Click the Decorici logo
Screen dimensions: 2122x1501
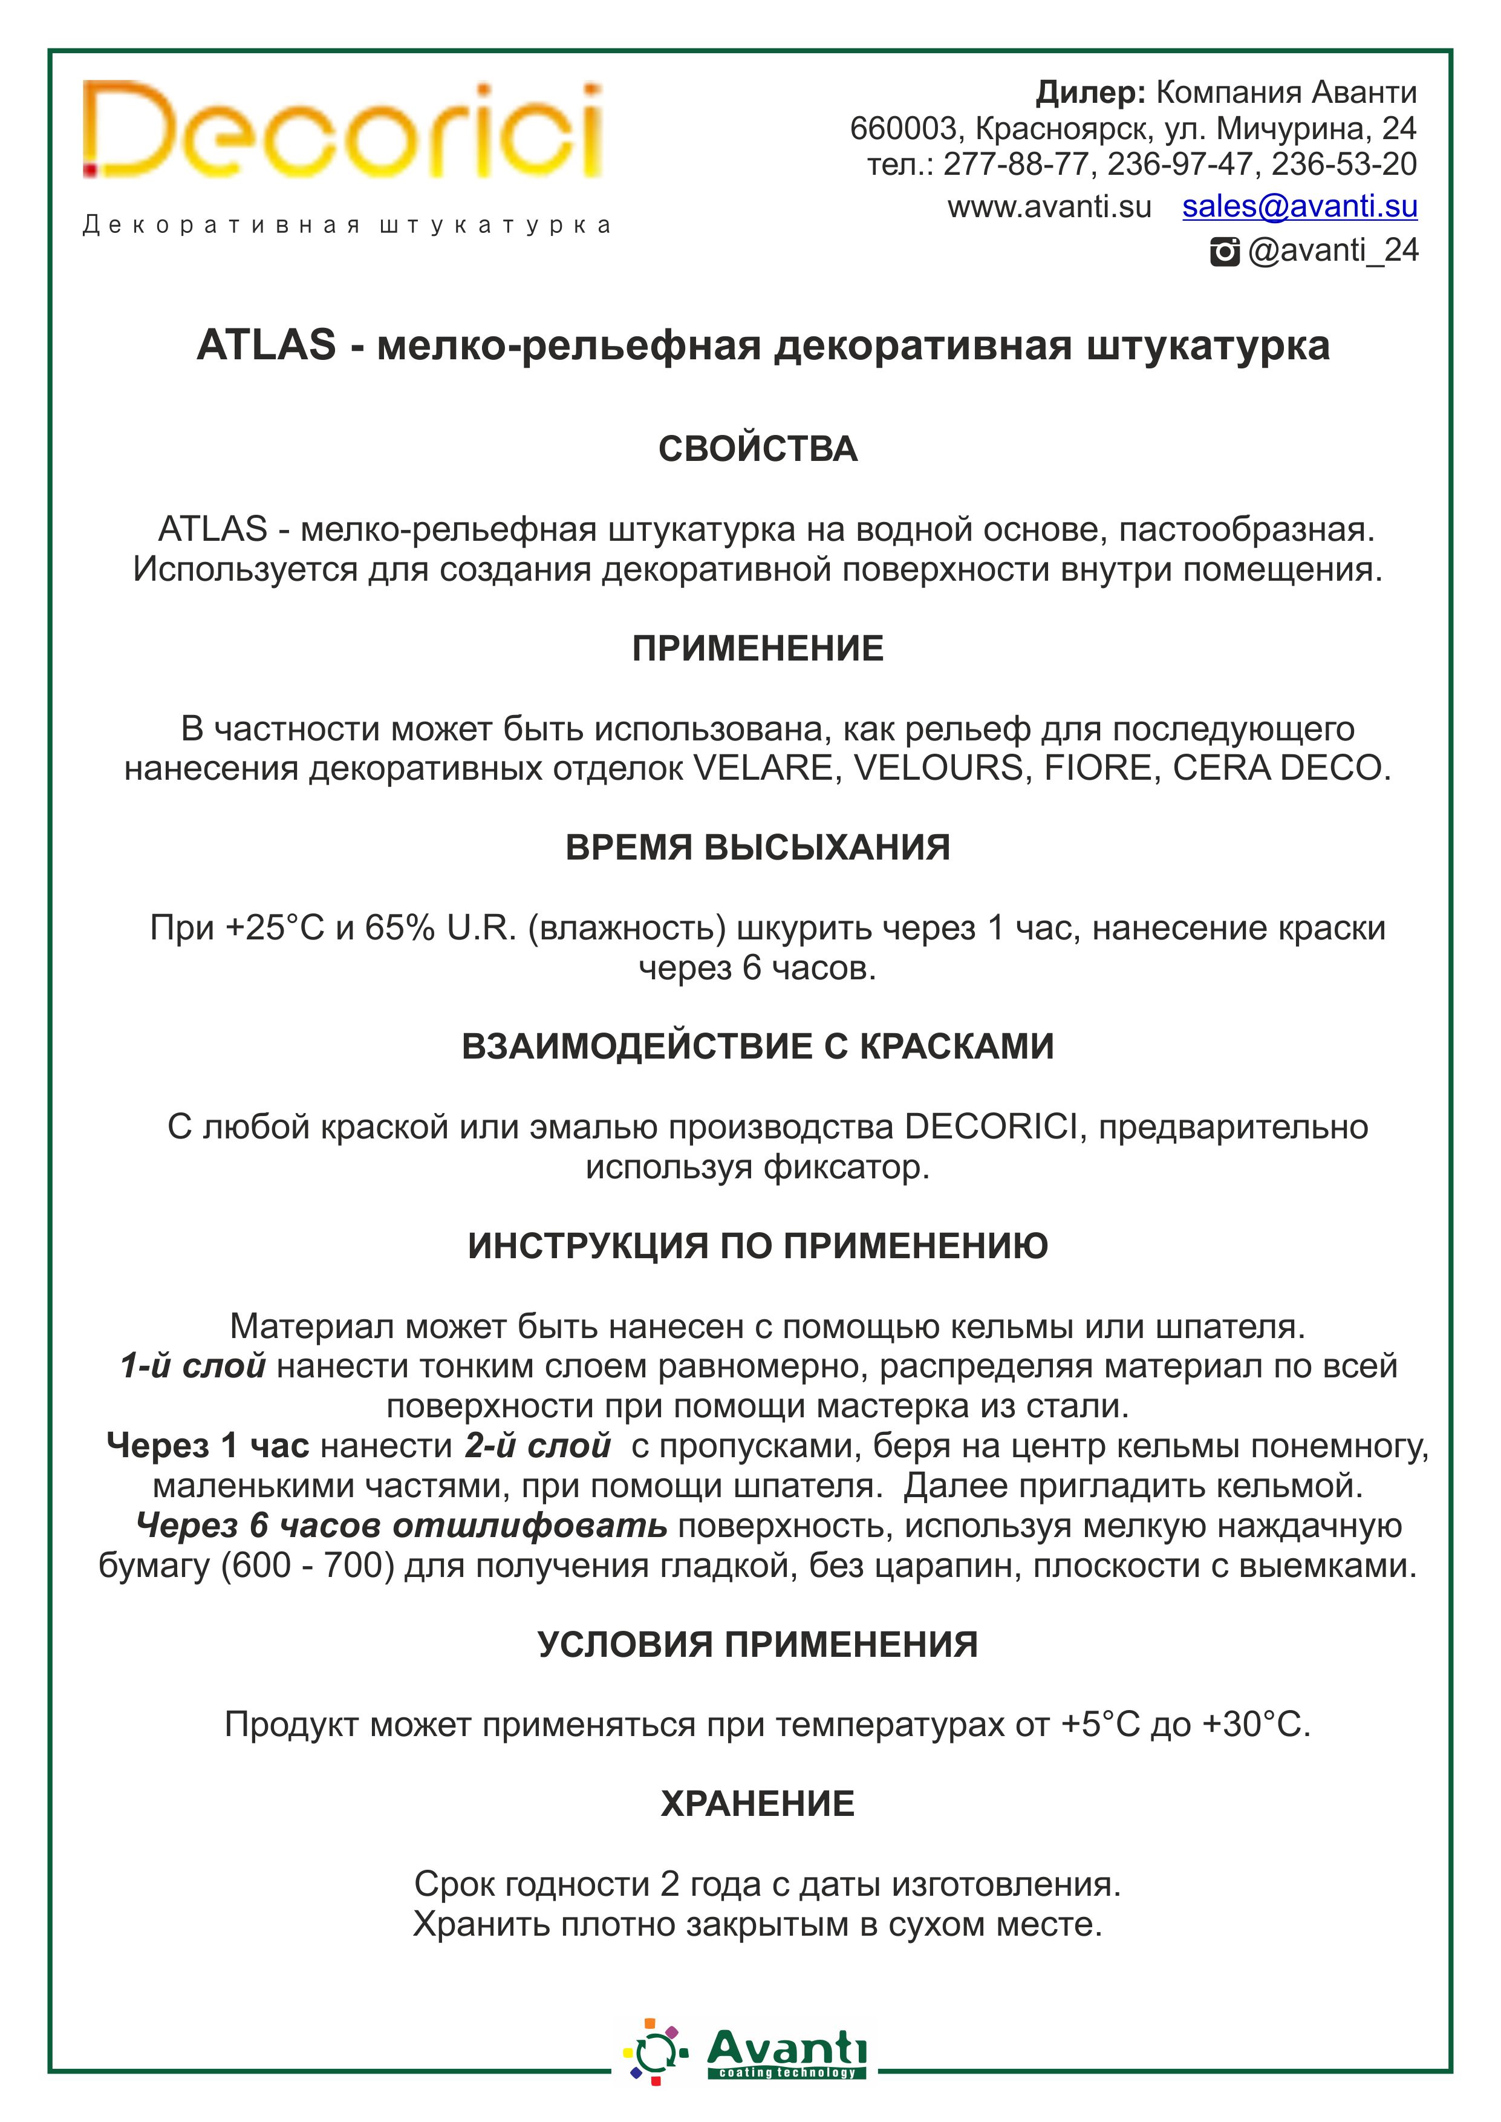pyautogui.click(x=342, y=131)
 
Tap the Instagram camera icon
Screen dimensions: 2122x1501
pyautogui.click(x=1225, y=252)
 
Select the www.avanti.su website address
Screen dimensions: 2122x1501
pyautogui.click(x=1049, y=207)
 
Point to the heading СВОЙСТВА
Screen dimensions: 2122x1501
pyautogui.click(x=758, y=449)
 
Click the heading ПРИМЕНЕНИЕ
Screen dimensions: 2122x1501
pyautogui.click(x=758, y=649)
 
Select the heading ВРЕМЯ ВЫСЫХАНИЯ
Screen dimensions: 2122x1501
pyautogui.click(x=758, y=847)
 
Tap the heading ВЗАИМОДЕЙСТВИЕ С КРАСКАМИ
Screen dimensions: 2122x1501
pyautogui.click(x=758, y=1046)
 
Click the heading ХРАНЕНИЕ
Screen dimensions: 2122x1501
pyautogui.click(x=758, y=1804)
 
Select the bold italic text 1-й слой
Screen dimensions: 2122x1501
pyautogui.click(x=193, y=1366)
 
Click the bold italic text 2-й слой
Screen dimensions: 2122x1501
pyautogui.click(x=538, y=1446)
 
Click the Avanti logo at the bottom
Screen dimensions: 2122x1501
pyautogui.click(x=747, y=2057)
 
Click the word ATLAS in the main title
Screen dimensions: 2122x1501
pyautogui.click(x=266, y=345)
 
